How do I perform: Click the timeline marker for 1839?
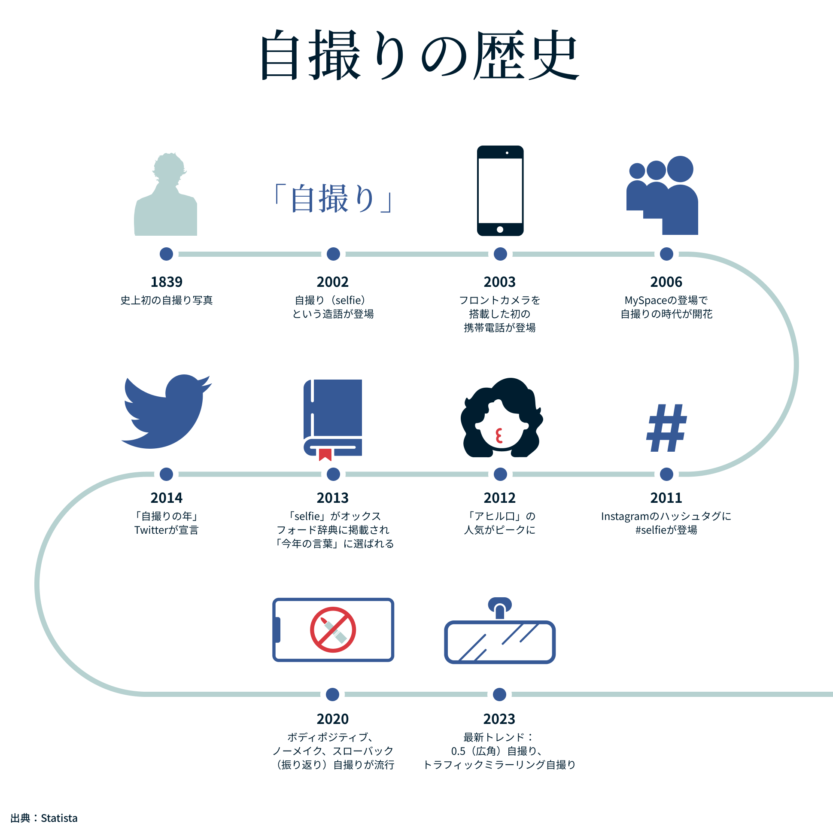[166, 254]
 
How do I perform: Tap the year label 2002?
[332, 282]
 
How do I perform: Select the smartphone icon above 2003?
[500, 191]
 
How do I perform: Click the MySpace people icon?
[663, 196]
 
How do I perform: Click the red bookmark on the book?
[325, 454]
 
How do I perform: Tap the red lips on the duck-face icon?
[499, 436]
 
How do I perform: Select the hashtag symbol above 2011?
[666, 428]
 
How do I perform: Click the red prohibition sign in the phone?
[333, 629]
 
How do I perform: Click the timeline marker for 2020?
[332, 694]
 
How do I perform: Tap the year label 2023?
[499, 719]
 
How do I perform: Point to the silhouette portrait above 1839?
[166, 195]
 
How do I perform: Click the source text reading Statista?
[59, 818]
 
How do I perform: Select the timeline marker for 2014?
[166, 474]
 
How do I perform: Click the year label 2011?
[666, 498]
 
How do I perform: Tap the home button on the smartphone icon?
[500, 229]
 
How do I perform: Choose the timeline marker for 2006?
[666, 254]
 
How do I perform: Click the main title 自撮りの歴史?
[419, 55]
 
